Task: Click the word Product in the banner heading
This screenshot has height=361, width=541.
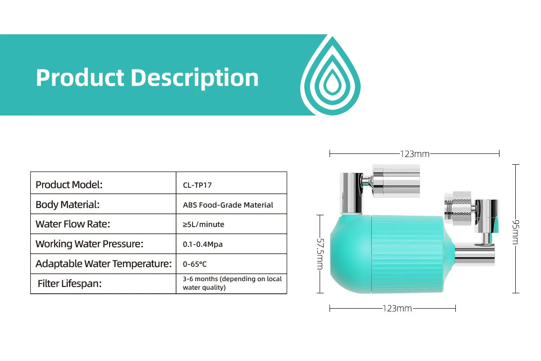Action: [x=80, y=78]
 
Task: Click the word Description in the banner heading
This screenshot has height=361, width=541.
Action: [x=195, y=79]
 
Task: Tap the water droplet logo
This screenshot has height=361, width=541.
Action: [x=330, y=76]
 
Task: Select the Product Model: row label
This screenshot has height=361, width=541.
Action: [x=69, y=185]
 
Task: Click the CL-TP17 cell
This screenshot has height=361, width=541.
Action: [x=197, y=185]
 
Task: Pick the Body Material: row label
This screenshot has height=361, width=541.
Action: [x=68, y=204]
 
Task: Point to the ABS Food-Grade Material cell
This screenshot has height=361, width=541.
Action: [x=228, y=205]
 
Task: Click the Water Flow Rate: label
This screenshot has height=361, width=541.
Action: [x=73, y=224]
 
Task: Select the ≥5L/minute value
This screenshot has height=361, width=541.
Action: [x=203, y=225]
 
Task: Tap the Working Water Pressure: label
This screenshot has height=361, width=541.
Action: [x=89, y=244]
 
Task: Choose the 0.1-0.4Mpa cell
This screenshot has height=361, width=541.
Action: [x=202, y=244]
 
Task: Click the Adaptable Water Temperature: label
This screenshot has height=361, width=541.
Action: [x=104, y=264]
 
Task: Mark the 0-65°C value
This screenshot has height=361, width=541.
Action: [x=195, y=264]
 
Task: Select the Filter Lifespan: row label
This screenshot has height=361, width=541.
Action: [x=69, y=284]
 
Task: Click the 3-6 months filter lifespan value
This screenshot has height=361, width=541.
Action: [x=232, y=283]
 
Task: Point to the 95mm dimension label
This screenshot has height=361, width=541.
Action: [x=515, y=232]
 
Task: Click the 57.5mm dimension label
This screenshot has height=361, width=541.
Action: [x=320, y=254]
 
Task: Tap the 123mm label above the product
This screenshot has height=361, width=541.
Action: [x=415, y=154]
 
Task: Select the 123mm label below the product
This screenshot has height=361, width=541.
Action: [x=397, y=309]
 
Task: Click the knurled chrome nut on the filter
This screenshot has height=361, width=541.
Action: [x=462, y=208]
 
